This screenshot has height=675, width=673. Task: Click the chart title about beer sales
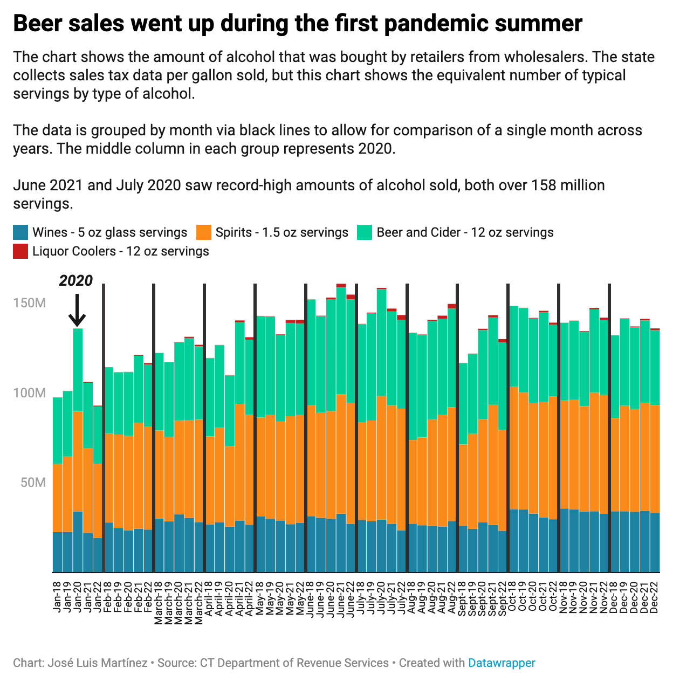(x=297, y=24)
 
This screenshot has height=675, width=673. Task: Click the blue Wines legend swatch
(x=20, y=232)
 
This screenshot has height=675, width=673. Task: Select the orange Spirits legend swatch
(x=203, y=232)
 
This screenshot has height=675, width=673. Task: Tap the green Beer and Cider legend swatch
(x=365, y=232)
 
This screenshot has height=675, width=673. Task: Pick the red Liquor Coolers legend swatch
(x=20, y=251)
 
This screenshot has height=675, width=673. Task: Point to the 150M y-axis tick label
(x=30, y=303)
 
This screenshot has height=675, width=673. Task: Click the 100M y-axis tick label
(x=30, y=393)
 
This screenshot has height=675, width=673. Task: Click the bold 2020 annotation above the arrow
(x=76, y=281)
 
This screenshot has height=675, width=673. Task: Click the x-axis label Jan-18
(x=57, y=596)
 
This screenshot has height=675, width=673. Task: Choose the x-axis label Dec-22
(x=655, y=596)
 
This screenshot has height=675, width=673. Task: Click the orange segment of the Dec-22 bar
(x=655, y=458)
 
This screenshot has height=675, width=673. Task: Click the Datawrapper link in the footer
(x=502, y=663)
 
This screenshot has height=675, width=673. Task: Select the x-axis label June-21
(x=340, y=599)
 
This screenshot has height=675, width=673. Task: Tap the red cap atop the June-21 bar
(x=341, y=285)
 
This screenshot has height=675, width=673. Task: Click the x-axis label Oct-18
(x=513, y=596)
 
